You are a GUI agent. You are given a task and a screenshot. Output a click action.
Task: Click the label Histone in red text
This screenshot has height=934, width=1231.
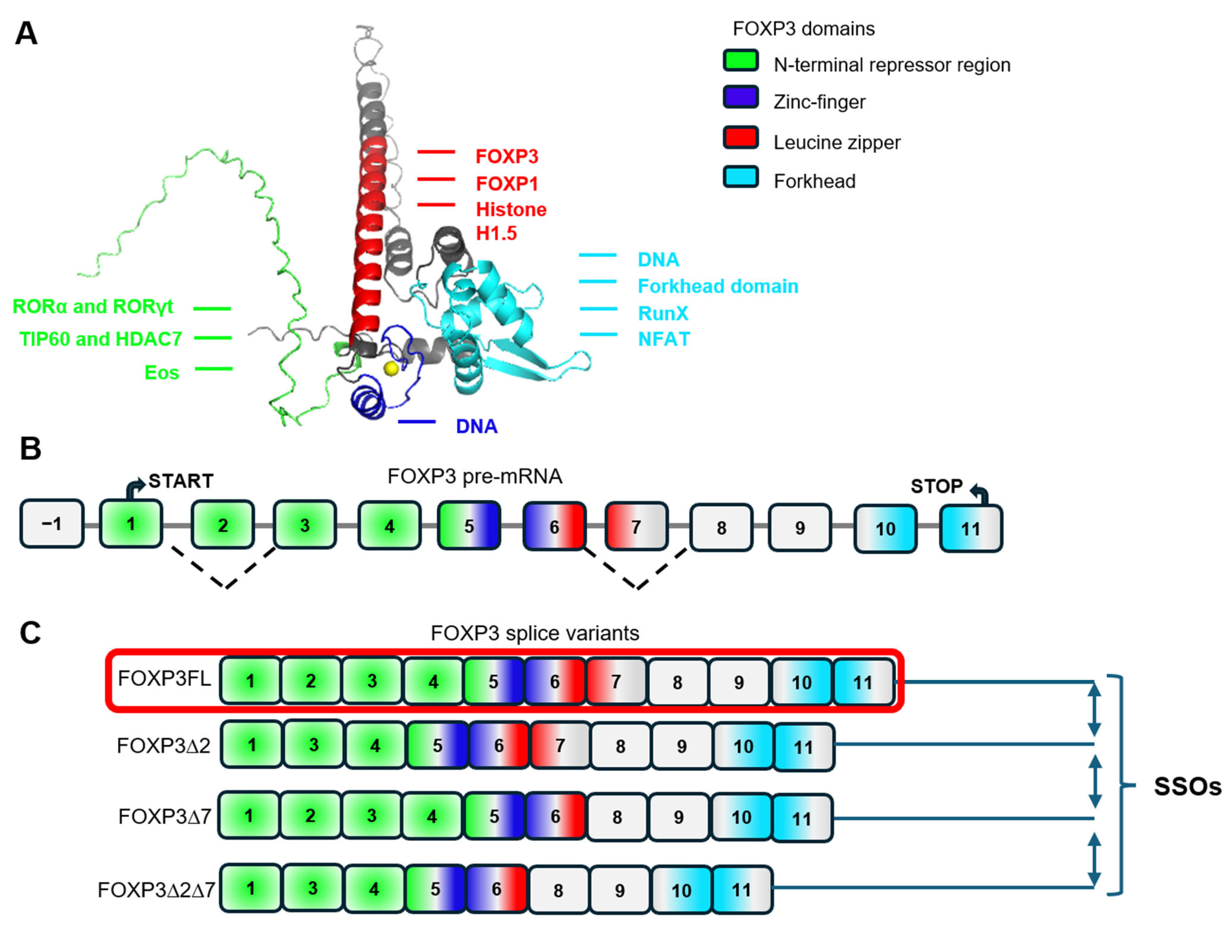tap(511, 210)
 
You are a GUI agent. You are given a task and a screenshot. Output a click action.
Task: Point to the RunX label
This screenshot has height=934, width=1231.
tap(663, 313)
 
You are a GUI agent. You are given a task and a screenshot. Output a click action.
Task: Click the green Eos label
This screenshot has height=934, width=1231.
tap(161, 372)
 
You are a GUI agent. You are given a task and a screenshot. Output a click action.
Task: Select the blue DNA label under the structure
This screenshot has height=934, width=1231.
tap(477, 426)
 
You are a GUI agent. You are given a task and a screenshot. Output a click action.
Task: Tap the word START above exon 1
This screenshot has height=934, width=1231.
tap(181, 481)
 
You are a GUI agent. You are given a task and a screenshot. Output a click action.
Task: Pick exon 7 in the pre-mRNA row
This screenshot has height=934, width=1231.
tap(636, 527)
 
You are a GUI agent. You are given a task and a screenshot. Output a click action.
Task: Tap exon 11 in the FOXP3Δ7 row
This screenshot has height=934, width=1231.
tap(801, 818)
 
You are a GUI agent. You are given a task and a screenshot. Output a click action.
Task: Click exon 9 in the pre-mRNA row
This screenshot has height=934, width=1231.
tap(800, 528)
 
